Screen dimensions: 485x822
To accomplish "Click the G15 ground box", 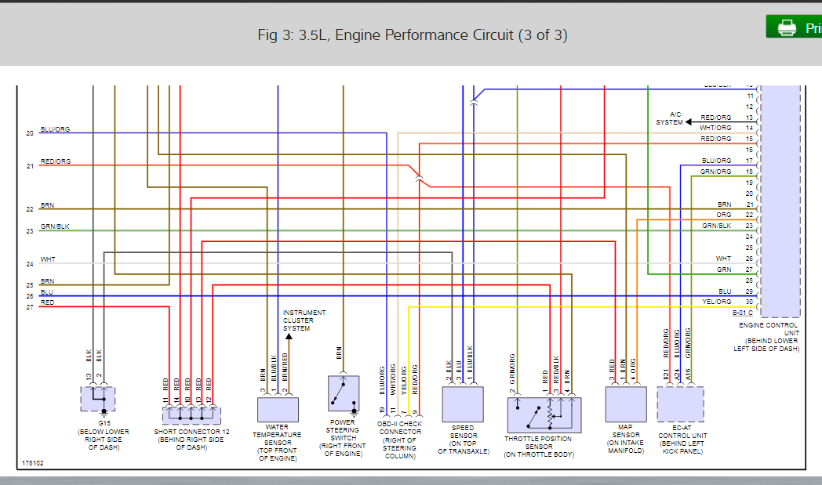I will [x=98, y=399].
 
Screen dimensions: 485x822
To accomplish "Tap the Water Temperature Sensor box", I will [x=278, y=409].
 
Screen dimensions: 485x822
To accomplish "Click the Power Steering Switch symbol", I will [x=344, y=393].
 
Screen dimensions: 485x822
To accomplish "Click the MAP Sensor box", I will [x=626, y=404].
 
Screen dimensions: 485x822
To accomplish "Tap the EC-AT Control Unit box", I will [x=680, y=404].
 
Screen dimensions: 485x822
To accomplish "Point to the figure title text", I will [x=413, y=35].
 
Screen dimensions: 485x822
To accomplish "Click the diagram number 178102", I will [x=33, y=463].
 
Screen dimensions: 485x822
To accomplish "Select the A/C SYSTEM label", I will [x=669, y=118].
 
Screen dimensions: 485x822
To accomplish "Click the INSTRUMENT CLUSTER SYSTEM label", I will [x=304, y=320].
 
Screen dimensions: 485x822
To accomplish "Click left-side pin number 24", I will [x=30, y=264].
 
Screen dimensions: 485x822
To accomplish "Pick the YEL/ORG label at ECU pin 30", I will [x=717, y=302].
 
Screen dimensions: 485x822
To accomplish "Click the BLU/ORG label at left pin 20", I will [x=56, y=129].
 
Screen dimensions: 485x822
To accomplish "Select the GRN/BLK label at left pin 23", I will [x=56, y=227].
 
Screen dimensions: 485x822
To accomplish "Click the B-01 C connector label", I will [x=742, y=313].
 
